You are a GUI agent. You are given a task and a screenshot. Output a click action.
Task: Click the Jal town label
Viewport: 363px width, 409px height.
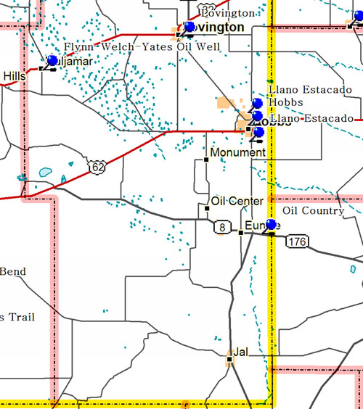tap(241, 351)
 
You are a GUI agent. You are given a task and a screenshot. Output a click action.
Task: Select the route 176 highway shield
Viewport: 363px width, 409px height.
tap(296, 241)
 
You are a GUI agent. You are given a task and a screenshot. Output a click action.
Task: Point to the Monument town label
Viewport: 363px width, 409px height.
tap(238, 153)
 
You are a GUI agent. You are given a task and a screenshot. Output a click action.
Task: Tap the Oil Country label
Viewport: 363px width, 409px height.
tap(313, 211)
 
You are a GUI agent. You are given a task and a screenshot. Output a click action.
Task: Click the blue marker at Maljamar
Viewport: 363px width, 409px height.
tap(52, 60)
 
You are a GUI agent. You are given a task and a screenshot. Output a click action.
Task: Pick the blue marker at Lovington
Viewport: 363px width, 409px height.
tap(190, 27)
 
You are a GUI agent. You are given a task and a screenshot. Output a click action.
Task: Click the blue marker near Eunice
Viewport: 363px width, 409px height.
tap(272, 224)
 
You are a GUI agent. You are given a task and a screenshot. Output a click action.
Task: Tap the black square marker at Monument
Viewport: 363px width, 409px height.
tap(206, 160)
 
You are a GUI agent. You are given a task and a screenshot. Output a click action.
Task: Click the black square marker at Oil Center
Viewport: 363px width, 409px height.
tap(207, 208)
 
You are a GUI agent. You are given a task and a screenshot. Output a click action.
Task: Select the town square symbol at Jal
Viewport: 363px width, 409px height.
tap(229, 358)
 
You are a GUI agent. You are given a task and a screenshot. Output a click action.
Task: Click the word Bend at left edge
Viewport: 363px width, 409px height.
tap(13, 272)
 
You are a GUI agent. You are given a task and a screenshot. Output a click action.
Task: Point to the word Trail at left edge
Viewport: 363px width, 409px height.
tap(20, 317)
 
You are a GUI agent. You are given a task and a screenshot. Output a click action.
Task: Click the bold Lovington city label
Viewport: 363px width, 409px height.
tap(218, 27)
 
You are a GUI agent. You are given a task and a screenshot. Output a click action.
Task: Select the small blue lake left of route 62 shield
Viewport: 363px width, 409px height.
tap(46, 173)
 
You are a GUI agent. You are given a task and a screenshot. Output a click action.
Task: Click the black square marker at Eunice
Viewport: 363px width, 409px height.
tap(241, 232)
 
